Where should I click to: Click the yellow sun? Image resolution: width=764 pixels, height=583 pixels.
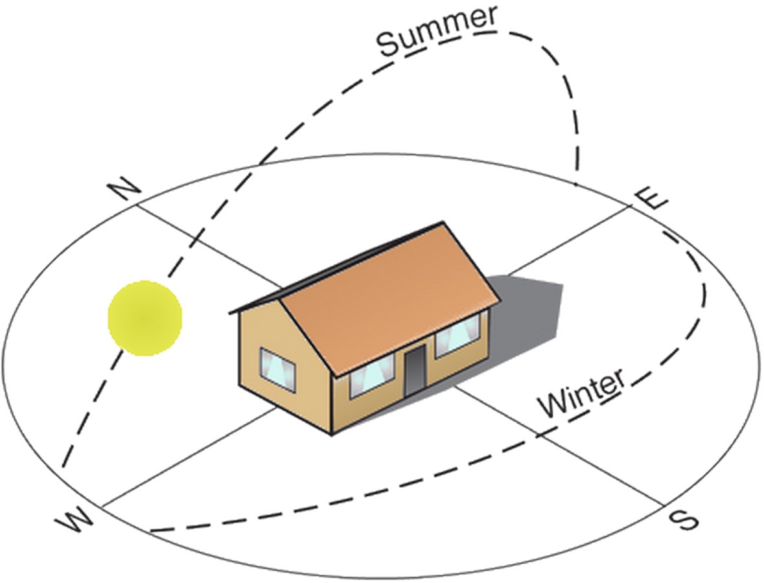145,318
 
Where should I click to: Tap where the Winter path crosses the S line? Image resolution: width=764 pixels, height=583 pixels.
538,435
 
